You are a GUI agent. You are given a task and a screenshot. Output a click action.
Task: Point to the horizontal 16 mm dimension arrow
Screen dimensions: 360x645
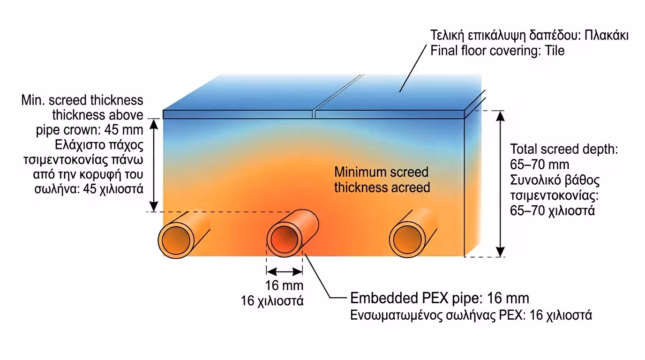point(285,271)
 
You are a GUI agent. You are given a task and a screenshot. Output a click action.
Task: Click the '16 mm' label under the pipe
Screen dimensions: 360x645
point(285,285)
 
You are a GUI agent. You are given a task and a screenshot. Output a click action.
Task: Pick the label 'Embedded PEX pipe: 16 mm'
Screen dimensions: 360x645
point(440,298)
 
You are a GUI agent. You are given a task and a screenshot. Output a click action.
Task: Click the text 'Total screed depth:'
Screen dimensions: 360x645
point(564,150)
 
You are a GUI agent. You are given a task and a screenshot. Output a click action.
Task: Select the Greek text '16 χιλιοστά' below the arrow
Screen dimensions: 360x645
point(272,300)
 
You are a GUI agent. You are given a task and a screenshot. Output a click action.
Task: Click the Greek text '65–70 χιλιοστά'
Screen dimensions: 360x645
point(552,210)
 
